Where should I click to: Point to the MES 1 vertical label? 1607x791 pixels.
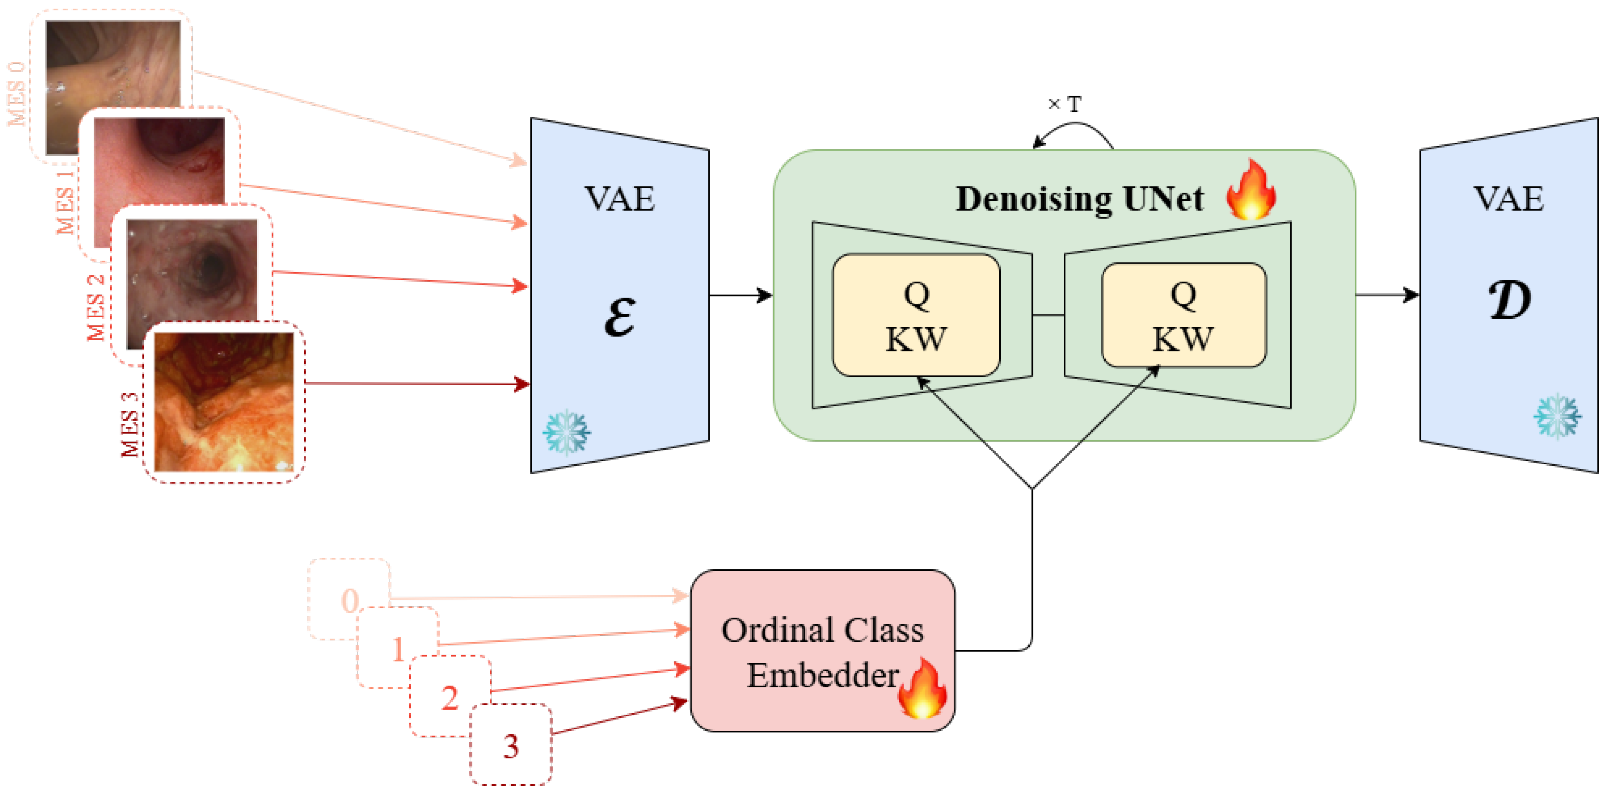(66, 201)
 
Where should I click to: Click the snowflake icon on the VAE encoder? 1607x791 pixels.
(566, 431)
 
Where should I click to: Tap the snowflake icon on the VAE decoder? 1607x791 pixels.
(1557, 416)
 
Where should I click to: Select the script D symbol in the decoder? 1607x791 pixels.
(1510, 300)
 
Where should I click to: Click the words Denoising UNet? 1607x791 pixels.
(1079, 199)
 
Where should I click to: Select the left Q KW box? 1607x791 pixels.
(916, 315)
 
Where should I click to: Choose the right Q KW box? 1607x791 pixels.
(1183, 315)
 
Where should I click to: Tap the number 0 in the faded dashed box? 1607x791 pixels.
(350, 601)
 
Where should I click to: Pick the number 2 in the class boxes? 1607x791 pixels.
(450, 697)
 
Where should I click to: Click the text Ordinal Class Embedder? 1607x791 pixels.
(822, 652)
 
